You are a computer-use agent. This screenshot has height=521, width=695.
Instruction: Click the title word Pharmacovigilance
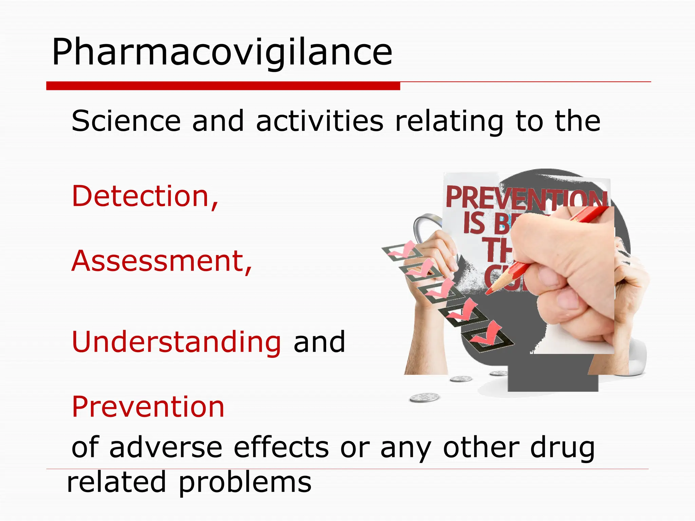(222, 53)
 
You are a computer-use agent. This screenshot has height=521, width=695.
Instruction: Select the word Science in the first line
(126, 121)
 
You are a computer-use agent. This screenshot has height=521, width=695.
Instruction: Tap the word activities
(320, 121)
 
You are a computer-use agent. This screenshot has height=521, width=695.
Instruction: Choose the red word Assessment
(162, 261)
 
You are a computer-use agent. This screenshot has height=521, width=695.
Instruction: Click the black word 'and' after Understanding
(319, 342)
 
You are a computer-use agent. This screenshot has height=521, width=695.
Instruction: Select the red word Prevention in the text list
(148, 407)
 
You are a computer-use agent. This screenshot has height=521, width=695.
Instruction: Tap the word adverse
(166, 448)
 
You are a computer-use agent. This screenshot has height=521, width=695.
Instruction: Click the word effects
(281, 448)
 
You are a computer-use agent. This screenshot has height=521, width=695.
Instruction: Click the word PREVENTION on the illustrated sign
(526, 198)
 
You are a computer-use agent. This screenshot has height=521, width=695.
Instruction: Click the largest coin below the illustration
(424, 397)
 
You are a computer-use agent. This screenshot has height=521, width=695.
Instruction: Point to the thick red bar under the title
(223, 86)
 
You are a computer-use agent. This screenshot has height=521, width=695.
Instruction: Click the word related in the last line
(116, 482)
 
